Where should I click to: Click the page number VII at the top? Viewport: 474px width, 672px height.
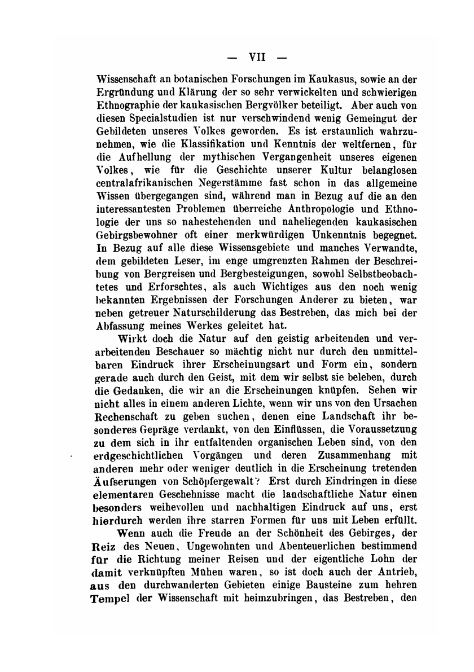coord(258,56)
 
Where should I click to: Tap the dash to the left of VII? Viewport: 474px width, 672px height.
coord(231,56)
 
